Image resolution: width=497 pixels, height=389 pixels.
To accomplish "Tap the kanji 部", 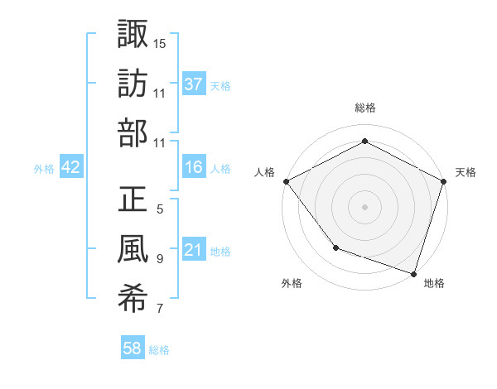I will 133,134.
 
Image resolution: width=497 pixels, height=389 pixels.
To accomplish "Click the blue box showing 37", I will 194,84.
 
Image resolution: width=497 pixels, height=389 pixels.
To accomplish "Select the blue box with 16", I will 194,167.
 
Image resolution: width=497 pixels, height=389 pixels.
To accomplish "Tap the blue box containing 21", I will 194,250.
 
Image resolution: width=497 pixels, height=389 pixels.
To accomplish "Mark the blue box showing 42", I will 71,167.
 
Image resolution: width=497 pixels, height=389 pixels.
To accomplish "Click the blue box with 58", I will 133,348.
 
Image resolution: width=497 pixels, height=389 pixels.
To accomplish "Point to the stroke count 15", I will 160,42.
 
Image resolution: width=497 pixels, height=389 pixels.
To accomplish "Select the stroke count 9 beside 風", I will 160,259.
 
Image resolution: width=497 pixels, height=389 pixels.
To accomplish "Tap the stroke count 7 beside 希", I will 160,310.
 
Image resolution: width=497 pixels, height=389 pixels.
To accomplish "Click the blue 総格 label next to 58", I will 159,350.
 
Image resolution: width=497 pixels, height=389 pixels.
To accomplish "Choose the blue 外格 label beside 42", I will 44,169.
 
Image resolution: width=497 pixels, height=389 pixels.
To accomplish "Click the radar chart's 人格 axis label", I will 265,172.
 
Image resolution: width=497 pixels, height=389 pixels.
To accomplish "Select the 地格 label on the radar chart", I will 434,283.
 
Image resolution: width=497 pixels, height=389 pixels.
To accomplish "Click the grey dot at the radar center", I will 364,206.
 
